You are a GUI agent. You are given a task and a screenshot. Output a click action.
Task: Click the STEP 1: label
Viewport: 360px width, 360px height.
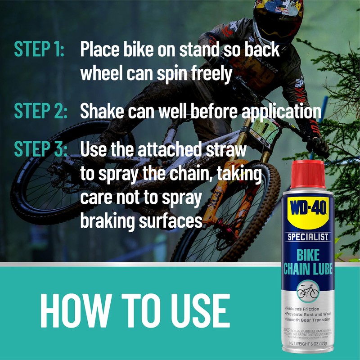[x=40, y=50]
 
